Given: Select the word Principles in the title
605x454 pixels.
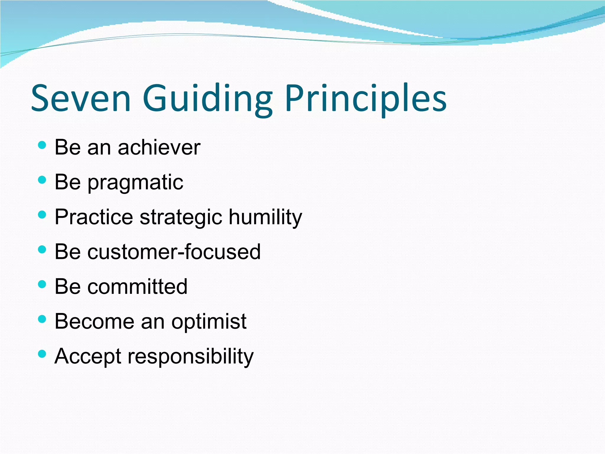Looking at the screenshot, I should click(x=366, y=99).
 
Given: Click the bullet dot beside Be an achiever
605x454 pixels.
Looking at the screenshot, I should click(x=42, y=145).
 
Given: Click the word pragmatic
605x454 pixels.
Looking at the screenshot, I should click(x=136, y=183).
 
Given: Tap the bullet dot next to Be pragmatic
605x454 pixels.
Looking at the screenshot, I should click(x=42, y=180).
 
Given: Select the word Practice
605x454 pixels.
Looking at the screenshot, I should click(x=94, y=217).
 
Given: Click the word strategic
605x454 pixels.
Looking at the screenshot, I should click(x=181, y=218).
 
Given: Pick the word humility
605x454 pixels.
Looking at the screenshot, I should click(x=265, y=218).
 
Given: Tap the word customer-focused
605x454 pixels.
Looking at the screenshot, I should click(x=174, y=252).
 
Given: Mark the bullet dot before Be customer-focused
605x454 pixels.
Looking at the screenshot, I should click(x=42, y=249).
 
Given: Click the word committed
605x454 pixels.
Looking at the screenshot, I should click(x=137, y=286).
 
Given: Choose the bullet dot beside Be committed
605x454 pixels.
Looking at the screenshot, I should click(x=42, y=284).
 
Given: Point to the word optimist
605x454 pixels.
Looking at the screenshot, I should click(x=209, y=322).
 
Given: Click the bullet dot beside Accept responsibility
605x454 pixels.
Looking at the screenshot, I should click(x=42, y=354).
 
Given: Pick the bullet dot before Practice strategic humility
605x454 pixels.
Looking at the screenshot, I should click(x=42, y=215).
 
